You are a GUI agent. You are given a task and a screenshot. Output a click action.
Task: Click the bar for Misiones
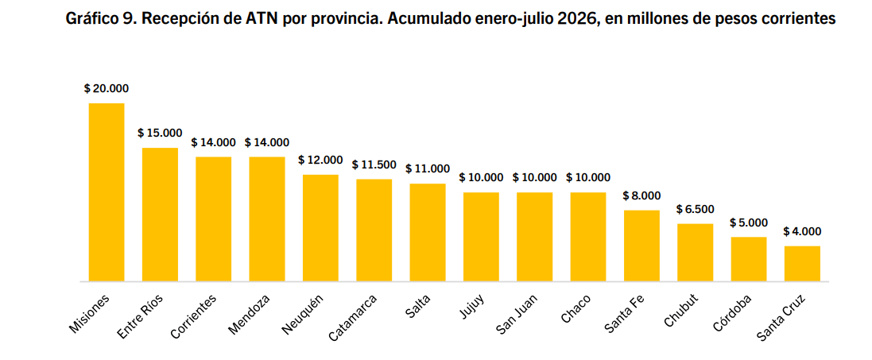(x=107, y=192)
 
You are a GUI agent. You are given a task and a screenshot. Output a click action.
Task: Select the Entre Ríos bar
(x=160, y=215)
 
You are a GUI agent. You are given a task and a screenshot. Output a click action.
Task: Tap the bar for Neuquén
(x=320, y=228)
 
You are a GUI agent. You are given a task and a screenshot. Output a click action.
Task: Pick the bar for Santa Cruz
(x=802, y=264)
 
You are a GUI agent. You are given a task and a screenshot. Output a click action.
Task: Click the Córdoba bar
(x=749, y=259)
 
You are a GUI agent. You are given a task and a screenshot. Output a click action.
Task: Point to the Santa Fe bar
(x=641, y=246)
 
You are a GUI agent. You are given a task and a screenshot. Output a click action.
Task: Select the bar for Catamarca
(x=374, y=230)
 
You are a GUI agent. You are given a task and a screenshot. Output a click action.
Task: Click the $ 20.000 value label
(x=107, y=88)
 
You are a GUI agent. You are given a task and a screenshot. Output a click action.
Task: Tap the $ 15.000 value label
(x=160, y=133)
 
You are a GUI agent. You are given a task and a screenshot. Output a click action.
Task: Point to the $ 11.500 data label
(x=374, y=165)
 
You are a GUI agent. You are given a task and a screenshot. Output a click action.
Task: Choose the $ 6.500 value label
(x=696, y=209)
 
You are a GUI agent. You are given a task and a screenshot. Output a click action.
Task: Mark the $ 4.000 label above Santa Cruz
(x=802, y=231)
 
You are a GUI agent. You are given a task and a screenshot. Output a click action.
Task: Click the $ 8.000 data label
(x=641, y=195)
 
